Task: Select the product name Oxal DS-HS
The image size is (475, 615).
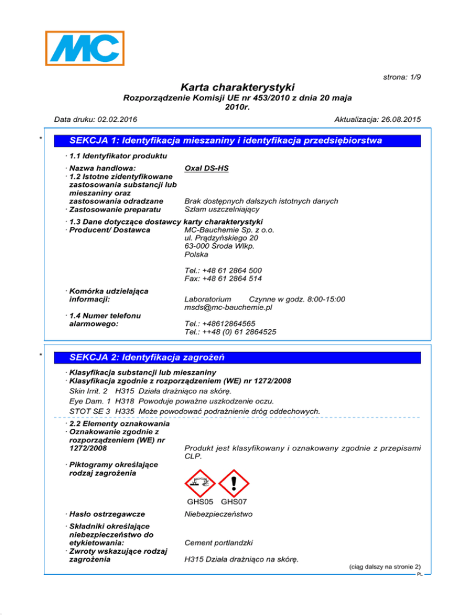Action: pyautogui.click(x=207, y=168)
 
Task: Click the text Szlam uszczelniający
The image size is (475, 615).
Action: pyautogui.click(x=221, y=210)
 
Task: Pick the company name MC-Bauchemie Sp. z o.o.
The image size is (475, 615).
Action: pyautogui.click(x=229, y=230)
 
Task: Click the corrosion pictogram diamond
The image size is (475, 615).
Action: pyautogui.click(x=199, y=480)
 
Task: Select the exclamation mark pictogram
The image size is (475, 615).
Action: pyautogui.click(x=234, y=480)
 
